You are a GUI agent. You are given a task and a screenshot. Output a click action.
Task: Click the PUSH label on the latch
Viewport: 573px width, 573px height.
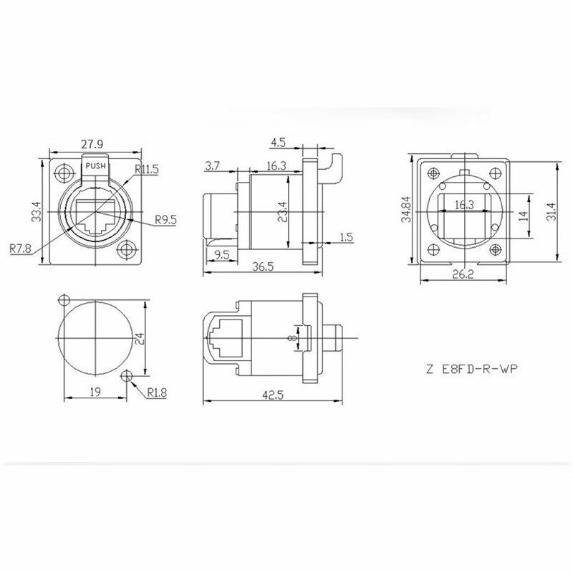[x=95, y=166]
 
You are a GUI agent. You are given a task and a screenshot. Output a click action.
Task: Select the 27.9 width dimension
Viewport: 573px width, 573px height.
[x=92, y=144]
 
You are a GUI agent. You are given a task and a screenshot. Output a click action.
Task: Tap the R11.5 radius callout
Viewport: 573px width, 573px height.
[x=147, y=169]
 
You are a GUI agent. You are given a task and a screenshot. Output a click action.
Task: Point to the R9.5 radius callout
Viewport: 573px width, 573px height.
[x=166, y=220]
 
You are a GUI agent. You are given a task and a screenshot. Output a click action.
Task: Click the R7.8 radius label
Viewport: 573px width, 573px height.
[x=21, y=249]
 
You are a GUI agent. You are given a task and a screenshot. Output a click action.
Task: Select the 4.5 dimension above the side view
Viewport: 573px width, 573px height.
[x=278, y=142]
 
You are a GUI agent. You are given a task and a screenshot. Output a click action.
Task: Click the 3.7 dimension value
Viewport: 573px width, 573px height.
[x=212, y=166]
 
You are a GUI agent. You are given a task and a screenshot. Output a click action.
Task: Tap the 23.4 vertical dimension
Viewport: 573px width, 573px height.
[x=282, y=212]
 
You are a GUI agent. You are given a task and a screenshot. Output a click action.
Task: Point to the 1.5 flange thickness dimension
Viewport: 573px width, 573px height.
[x=347, y=237]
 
